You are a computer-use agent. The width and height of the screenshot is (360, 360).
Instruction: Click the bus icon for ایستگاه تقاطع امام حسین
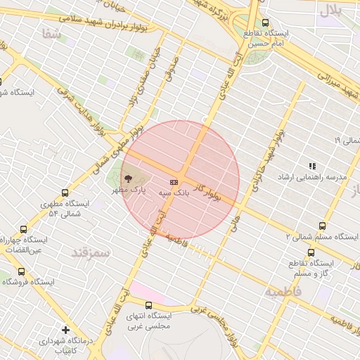265,22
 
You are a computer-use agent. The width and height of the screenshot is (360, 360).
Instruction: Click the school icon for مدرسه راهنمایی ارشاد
312,166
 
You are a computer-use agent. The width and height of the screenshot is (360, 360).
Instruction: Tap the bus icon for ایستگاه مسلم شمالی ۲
322,226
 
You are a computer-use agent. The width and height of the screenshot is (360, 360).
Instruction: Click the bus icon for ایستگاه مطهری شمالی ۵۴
65,192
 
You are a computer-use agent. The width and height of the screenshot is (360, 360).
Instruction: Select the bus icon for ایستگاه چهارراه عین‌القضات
24,229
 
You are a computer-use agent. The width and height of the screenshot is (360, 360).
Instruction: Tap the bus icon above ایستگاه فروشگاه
21,271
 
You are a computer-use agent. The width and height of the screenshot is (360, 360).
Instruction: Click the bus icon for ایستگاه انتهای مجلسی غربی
148,305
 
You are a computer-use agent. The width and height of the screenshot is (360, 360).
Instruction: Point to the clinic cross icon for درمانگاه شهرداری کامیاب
65,329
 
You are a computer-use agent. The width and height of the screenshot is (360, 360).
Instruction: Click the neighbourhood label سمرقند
91,253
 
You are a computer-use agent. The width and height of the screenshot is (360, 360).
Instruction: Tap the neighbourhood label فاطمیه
283,290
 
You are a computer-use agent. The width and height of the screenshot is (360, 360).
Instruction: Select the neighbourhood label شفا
51,34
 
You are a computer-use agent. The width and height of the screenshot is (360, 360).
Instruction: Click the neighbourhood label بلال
330,9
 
